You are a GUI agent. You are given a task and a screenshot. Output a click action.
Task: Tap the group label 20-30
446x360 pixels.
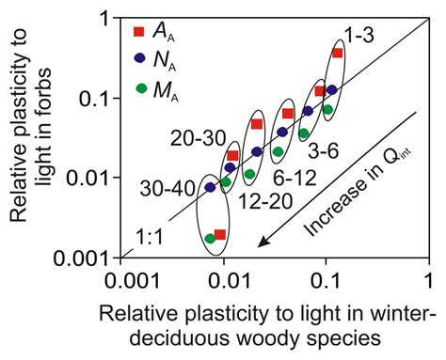(196, 138)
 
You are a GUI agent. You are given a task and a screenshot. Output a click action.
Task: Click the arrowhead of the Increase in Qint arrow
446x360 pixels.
(265, 246)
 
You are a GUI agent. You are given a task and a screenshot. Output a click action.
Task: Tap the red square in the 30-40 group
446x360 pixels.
(220, 234)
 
